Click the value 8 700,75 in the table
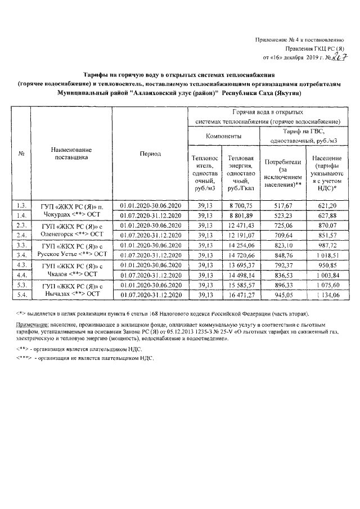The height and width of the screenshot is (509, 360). (x=241, y=205)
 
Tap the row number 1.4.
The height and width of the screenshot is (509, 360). (x=22, y=215)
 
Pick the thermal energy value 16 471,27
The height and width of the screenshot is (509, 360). (x=241, y=295)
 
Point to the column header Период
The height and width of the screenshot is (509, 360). (x=150, y=154)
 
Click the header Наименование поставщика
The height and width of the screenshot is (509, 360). (x=71, y=154)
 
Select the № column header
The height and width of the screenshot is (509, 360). (x=22, y=154)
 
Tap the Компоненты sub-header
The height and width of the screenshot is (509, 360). (x=223, y=136)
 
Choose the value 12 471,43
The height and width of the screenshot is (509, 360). (x=241, y=225)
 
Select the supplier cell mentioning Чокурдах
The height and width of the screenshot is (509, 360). (x=71, y=210)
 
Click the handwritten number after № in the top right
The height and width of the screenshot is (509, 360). (x=337, y=57)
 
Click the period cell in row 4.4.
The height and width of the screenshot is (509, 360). (x=150, y=275)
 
